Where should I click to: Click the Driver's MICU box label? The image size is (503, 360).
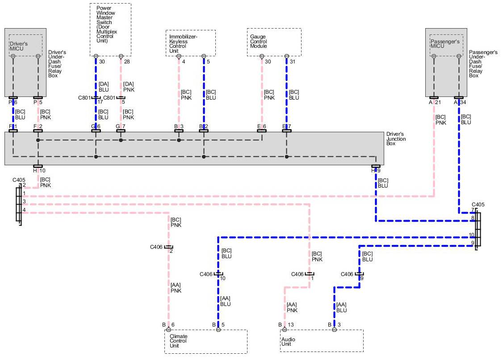tap(18, 46)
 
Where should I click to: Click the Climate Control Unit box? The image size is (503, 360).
tap(205, 342)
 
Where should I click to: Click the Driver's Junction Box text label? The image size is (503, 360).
tap(396, 139)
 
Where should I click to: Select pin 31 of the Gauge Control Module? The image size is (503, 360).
tap(293, 62)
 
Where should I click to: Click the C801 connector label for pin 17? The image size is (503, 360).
tap(84, 98)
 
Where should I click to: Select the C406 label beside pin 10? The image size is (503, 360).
tap(206, 274)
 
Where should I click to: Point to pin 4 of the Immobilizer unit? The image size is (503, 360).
tap(179, 57)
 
